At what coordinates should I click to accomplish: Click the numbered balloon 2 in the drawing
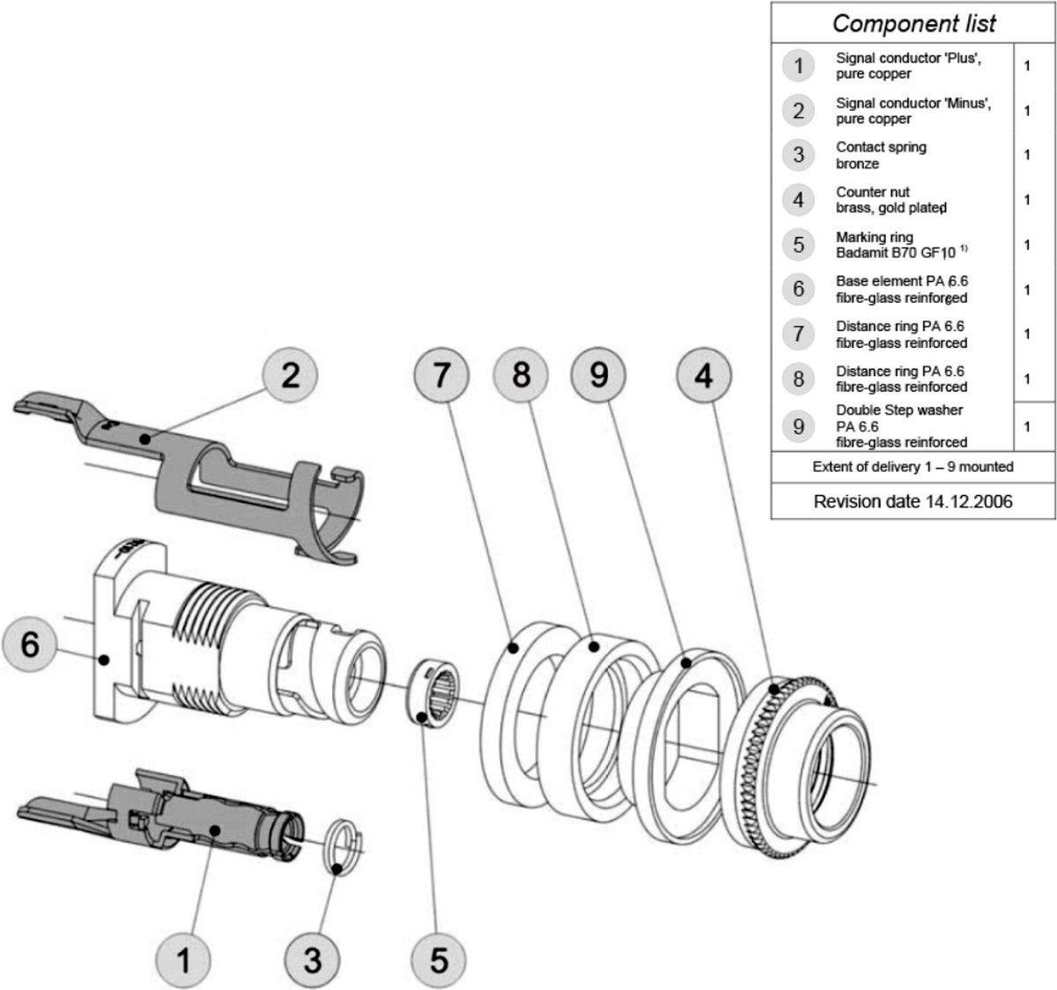tap(290, 376)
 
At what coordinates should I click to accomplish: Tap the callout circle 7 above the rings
tap(441, 376)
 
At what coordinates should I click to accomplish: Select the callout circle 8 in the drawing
tap(521, 376)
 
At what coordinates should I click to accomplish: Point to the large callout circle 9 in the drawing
tap(599, 376)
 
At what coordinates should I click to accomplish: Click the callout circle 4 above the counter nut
tap(703, 376)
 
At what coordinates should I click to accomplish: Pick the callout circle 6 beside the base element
tap(30, 646)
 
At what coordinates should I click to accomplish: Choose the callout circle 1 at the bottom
tap(183, 959)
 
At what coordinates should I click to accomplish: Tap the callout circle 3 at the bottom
tap(313, 959)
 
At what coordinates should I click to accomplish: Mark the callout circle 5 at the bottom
tap(440, 959)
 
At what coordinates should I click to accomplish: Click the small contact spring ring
tap(344, 846)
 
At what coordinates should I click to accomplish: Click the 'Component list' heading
tap(913, 23)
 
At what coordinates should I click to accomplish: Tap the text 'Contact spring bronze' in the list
tap(881, 155)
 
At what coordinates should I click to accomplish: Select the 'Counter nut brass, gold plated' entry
tap(891, 200)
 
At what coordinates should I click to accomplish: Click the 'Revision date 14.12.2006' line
tap(913, 502)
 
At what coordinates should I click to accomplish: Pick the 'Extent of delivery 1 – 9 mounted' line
tap(913, 467)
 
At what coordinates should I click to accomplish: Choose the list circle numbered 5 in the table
tap(798, 244)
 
